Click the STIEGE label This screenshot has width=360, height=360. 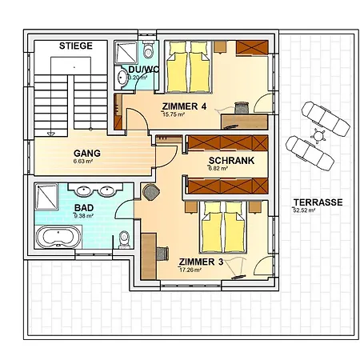(76, 46)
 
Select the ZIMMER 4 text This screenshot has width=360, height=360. (183, 106)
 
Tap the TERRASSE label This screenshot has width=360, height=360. (317, 202)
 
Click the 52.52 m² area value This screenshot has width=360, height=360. (306, 210)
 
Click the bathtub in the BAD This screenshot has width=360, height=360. (56, 238)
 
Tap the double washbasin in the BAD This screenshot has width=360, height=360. (94, 191)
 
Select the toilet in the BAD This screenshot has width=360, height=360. (123, 239)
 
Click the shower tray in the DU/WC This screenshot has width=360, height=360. (126, 53)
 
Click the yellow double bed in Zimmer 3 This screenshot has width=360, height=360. (222, 226)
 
